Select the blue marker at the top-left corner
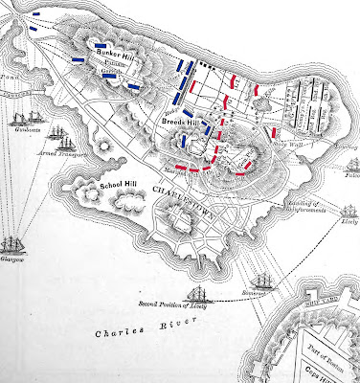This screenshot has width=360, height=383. (35, 14)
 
